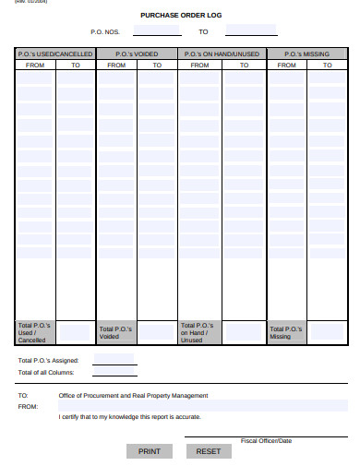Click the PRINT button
149,451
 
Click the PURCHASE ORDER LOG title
181,15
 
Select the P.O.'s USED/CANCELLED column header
55,54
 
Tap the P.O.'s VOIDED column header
137,54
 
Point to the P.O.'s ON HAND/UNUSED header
222,54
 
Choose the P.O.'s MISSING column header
306,54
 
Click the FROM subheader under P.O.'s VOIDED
117,66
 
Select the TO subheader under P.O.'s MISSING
328,66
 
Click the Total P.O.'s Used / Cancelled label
34,333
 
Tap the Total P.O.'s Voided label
115,333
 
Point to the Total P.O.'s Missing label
285,333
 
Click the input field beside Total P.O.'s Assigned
114,360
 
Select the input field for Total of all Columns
114,372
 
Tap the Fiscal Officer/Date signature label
266,441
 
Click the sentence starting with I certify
130,417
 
